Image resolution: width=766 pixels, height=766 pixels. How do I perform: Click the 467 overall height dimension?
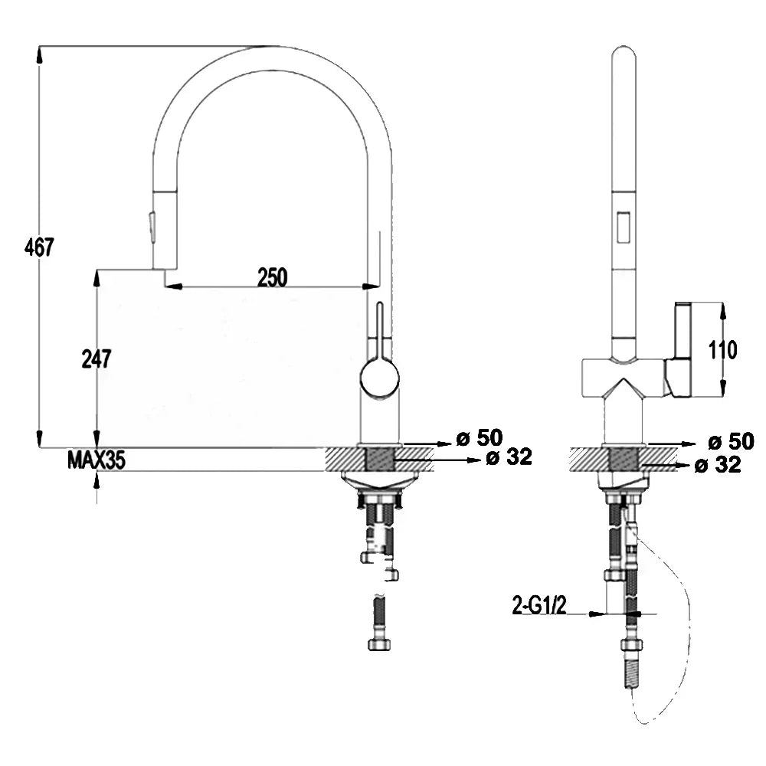click(x=39, y=247)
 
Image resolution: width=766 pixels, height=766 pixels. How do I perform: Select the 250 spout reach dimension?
click(x=273, y=277)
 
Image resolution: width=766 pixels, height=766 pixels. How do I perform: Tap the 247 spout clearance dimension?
click(x=97, y=359)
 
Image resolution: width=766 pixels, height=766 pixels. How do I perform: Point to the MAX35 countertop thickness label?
click(x=97, y=460)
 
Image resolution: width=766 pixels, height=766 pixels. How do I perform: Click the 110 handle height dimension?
click(x=723, y=350)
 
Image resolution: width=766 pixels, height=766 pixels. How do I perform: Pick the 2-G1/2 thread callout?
click(x=539, y=605)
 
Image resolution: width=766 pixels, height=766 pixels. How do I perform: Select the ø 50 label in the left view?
click(x=480, y=437)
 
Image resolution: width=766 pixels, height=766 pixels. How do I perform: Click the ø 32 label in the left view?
click(x=509, y=457)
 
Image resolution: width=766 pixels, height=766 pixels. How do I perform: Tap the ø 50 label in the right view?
click(x=732, y=442)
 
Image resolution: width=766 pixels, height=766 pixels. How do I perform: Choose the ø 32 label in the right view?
click(x=718, y=465)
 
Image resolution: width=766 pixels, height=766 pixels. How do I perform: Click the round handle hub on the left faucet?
click(x=380, y=378)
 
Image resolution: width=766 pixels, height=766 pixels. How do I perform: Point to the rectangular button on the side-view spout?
click(x=623, y=227)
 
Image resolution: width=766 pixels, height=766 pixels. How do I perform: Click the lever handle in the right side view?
click(x=679, y=350)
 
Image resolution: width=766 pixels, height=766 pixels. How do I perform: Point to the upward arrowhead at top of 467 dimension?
click(x=40, y=56)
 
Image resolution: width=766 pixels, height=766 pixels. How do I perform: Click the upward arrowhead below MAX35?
click(x=97, y=482)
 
